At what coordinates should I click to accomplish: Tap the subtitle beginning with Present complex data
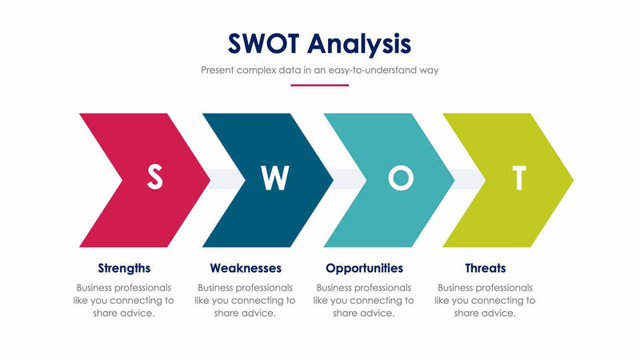click(x=319, y=70)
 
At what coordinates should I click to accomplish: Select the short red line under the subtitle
click(x=319, y=85)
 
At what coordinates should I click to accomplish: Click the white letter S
click(x=154, y=178)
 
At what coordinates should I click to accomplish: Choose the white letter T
click(x=519, y=178)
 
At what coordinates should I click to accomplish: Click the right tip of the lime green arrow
click(x=572, y=179)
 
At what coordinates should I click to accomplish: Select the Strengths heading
click(x=124, y=268)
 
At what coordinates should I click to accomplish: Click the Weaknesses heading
click(x=246, y=268)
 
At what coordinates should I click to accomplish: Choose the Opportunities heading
click(x=364, y=268)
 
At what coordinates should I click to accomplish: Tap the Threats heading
click(x=485, y=268)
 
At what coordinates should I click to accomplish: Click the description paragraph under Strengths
click(x=124, y=300)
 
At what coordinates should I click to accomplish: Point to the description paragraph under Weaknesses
click(x=246, y=300)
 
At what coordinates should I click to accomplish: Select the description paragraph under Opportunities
click(x=364, y=300)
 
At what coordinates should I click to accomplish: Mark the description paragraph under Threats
click(x=485, y=300)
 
